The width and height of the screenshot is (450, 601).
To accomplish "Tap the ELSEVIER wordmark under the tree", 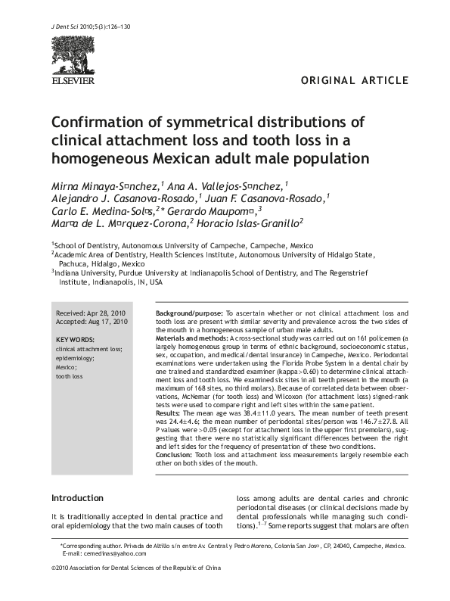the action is [73, 78].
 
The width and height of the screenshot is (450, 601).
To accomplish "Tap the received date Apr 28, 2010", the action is [108, 313].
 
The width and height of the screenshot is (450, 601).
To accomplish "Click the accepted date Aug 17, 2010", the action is [109, 322].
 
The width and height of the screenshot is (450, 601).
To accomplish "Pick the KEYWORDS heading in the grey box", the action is [76, 340].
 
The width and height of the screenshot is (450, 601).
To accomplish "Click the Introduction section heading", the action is [77, 498].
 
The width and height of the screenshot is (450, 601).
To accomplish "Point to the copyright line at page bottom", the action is [137, 588].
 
